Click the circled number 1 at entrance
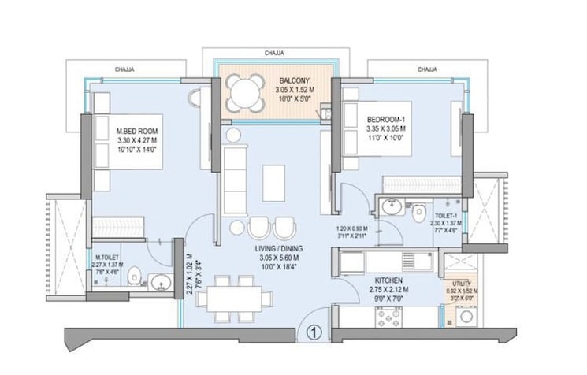tap(314, 332)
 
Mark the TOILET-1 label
tap(444, 214)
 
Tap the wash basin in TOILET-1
tap(392, 209)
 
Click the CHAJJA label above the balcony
tap(275, 53)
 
